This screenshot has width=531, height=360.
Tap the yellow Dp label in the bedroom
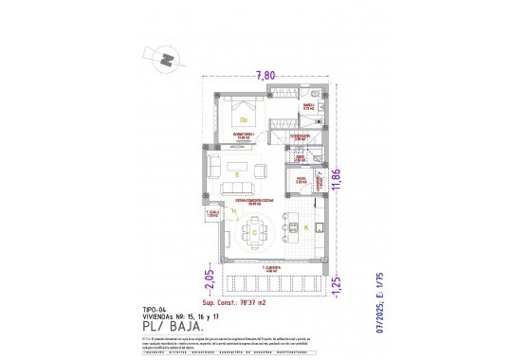[x=243, y=120]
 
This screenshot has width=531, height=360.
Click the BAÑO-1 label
[x=308, y=107]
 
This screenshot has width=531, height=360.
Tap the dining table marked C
[x=254, y=231]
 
